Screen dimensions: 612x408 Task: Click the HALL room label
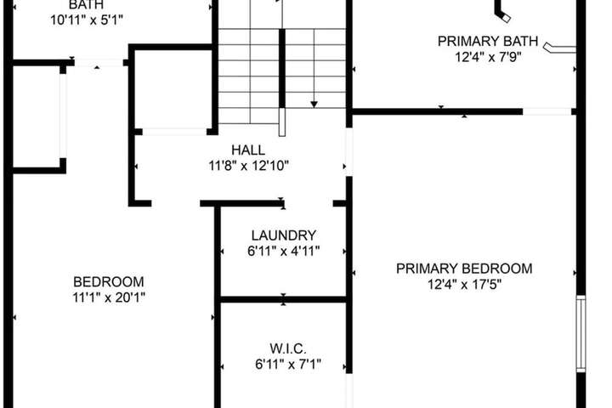[248, 150]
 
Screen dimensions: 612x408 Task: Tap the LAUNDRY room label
[284, 235]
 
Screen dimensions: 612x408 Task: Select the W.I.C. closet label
[288, 348]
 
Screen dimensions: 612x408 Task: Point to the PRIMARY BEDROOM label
[464, 269]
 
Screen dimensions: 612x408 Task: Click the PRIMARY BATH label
[488, 41]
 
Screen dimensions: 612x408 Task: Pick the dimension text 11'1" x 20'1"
[109, 297]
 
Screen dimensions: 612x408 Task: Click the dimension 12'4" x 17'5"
[464, 285]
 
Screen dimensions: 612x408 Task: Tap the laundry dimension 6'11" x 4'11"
[284, 251]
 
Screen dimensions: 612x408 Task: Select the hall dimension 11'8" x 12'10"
[248, 166]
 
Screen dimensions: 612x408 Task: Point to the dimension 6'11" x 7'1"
[288, 365]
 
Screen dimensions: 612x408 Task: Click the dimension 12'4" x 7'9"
[488, 57]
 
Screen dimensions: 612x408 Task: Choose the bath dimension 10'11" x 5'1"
[87, 20]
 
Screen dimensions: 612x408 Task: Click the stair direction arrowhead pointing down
[314, 105]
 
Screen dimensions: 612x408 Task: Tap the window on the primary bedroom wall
[581, 334]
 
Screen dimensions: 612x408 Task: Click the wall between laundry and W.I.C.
[283, 299]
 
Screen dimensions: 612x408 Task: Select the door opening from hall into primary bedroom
[349, 152]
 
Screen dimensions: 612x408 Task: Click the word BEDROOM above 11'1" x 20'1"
[109, 281]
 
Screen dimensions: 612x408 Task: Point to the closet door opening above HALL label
[174, 132]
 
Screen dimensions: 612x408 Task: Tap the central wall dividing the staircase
[282, 69]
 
